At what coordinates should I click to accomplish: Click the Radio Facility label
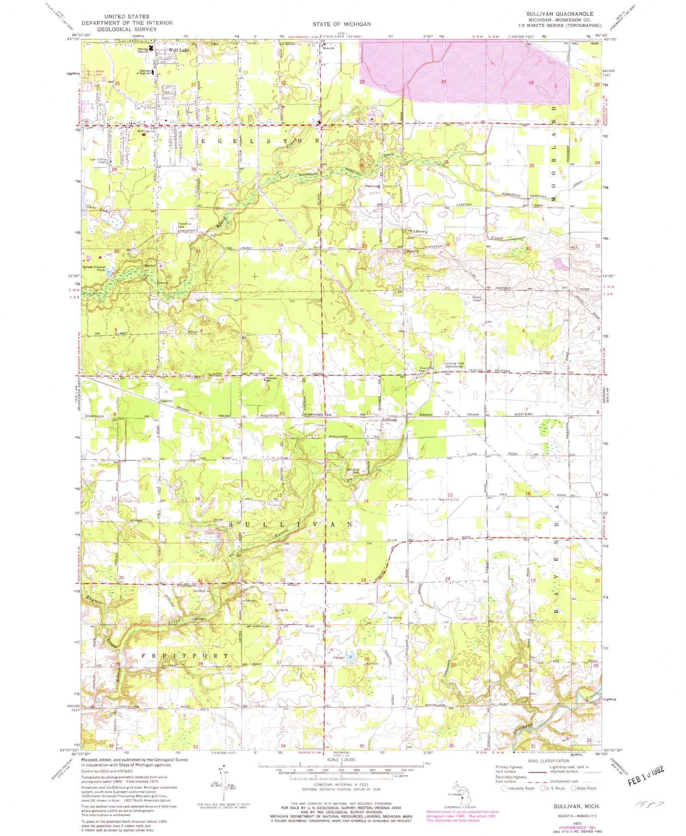[448, 499]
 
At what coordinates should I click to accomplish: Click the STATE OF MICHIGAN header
[341, 24]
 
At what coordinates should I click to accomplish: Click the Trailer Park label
[100, 73]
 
